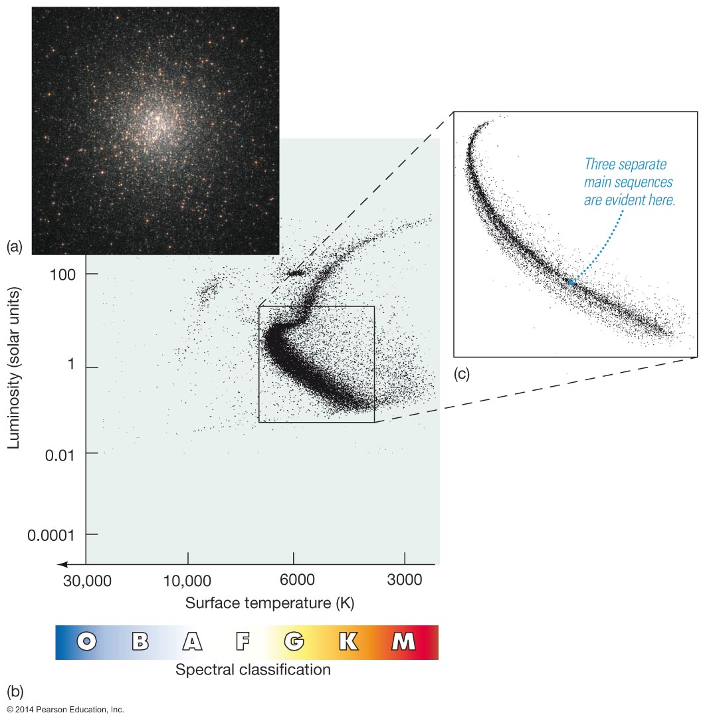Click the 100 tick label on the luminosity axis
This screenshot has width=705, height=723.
click(x=64, y=274)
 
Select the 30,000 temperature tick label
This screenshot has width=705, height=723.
click(x=86, y=580)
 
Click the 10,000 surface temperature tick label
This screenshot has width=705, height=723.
click(x=188, y=580)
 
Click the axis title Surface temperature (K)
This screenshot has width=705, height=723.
click(x=269, y=603)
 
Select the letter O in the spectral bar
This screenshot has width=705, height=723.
click(x=87, y=641)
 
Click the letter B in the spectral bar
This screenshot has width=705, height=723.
click(x=140, y=641)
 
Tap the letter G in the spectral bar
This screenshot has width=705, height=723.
click(x=294, y=641)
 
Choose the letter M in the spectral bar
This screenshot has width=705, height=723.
click(x=403, y=641)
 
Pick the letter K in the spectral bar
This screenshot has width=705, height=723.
click(x=348, y=641)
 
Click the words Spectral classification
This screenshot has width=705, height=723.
click(x=252, y=669)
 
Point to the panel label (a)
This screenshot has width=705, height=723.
click(x=15, y=247)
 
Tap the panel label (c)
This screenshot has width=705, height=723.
click(x=461, y=373)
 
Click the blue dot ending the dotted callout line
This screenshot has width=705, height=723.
click(x=571, y=282)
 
